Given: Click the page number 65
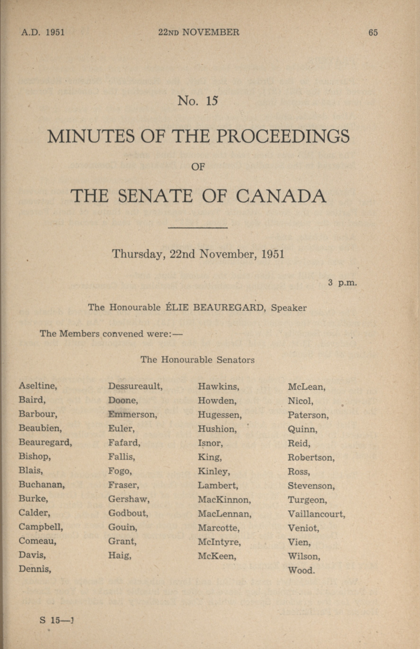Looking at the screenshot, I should click(x=373, y=33).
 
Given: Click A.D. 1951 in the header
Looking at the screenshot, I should click(x=43, y=32).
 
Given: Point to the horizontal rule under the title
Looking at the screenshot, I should click(x=198, y=228).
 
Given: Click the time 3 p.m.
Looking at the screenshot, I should click(x=342, y=283).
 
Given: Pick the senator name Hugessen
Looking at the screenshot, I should click(x=220, y=415).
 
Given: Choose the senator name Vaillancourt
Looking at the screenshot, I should click(x=316, y=514).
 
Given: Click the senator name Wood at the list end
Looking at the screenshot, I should click(x=301, y=570).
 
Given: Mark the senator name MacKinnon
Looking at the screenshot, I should click(x=224, y=500).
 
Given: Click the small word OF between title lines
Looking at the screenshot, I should click(x=198, y=167).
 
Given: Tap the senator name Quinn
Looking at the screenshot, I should click(x=302, y=429).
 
